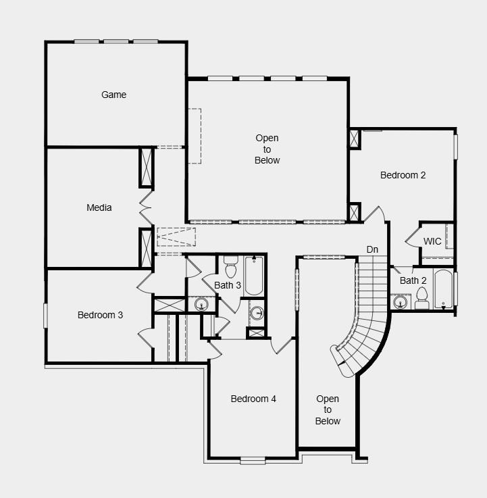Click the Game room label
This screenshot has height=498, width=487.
coord(113,95)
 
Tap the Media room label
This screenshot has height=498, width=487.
coord(99,207)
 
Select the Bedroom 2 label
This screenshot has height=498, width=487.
coord(403,175)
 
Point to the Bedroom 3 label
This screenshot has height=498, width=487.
coord(100,315)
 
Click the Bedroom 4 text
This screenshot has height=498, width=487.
coord(253,399)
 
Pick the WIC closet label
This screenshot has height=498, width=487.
coord(432,241)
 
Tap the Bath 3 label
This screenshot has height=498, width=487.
coord(228,285)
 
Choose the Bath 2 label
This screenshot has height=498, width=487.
coord(413,280)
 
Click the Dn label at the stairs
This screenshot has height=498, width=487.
coord(372,250)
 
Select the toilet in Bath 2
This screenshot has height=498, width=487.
coord(422,298)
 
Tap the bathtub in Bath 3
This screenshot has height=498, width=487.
coord(253,275)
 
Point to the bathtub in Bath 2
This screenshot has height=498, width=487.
coord(443,290)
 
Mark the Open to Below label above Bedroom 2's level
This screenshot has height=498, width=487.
coord(267,149)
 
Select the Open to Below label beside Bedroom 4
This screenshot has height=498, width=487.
coord(328,410)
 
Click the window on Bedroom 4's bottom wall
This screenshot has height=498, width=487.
coord(253,460)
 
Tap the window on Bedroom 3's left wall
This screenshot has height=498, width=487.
coord(46,316)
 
